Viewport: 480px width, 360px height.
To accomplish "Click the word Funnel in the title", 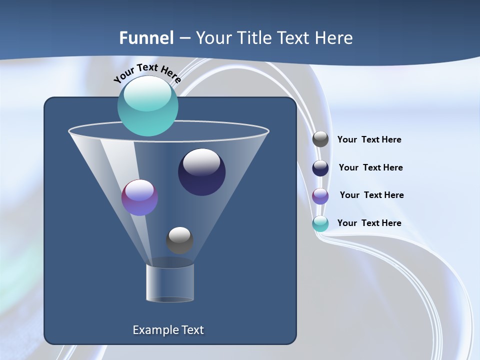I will tap(146, 38).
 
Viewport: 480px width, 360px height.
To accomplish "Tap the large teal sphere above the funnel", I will tap(147, 106).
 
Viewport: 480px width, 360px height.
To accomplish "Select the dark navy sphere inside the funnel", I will tap(201, 172).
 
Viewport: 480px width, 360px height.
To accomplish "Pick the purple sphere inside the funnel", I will tap(139, 197).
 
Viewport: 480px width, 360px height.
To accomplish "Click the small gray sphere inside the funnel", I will tap(179, 240).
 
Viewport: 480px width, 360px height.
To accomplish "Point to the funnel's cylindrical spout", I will tap(170, 283).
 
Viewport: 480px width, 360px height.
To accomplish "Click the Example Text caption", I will tap(168, 330).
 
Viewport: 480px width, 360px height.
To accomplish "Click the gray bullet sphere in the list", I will tap(320, 139).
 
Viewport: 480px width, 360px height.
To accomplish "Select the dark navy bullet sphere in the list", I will tap(320, 168).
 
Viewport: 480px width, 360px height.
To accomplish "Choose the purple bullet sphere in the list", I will tap(320, 196).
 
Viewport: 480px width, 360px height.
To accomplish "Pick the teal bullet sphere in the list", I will tap(320, 223).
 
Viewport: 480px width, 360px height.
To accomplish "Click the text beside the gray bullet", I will tap(369, 140).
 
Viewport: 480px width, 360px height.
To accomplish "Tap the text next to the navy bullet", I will tap(370, 168).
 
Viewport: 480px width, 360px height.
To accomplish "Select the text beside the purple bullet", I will tap(371, 195).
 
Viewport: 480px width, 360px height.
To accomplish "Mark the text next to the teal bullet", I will tap(369, 223).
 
